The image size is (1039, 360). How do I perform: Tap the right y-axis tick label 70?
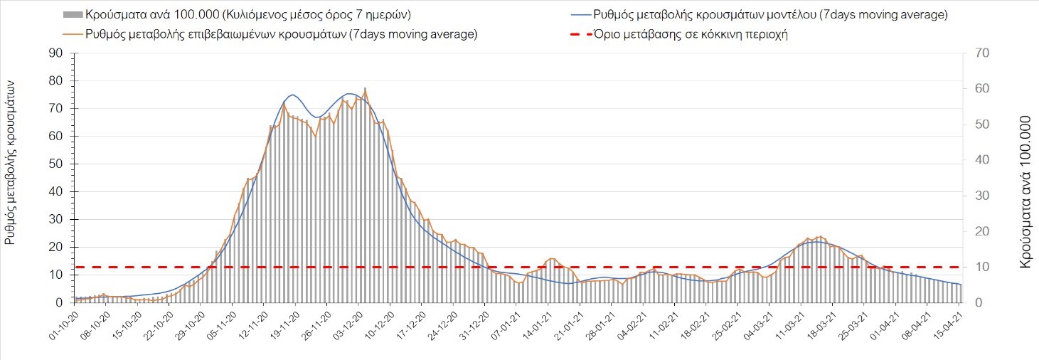pos(975,53)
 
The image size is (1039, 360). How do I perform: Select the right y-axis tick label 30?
pos(975,196)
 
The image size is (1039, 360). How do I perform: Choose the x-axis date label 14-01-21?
pos(532,324)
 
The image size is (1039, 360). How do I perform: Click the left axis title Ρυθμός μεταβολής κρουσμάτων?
pos(11,162)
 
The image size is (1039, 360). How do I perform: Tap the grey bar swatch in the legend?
pos(73,14)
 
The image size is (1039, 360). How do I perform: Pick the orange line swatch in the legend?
pos(73,34)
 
